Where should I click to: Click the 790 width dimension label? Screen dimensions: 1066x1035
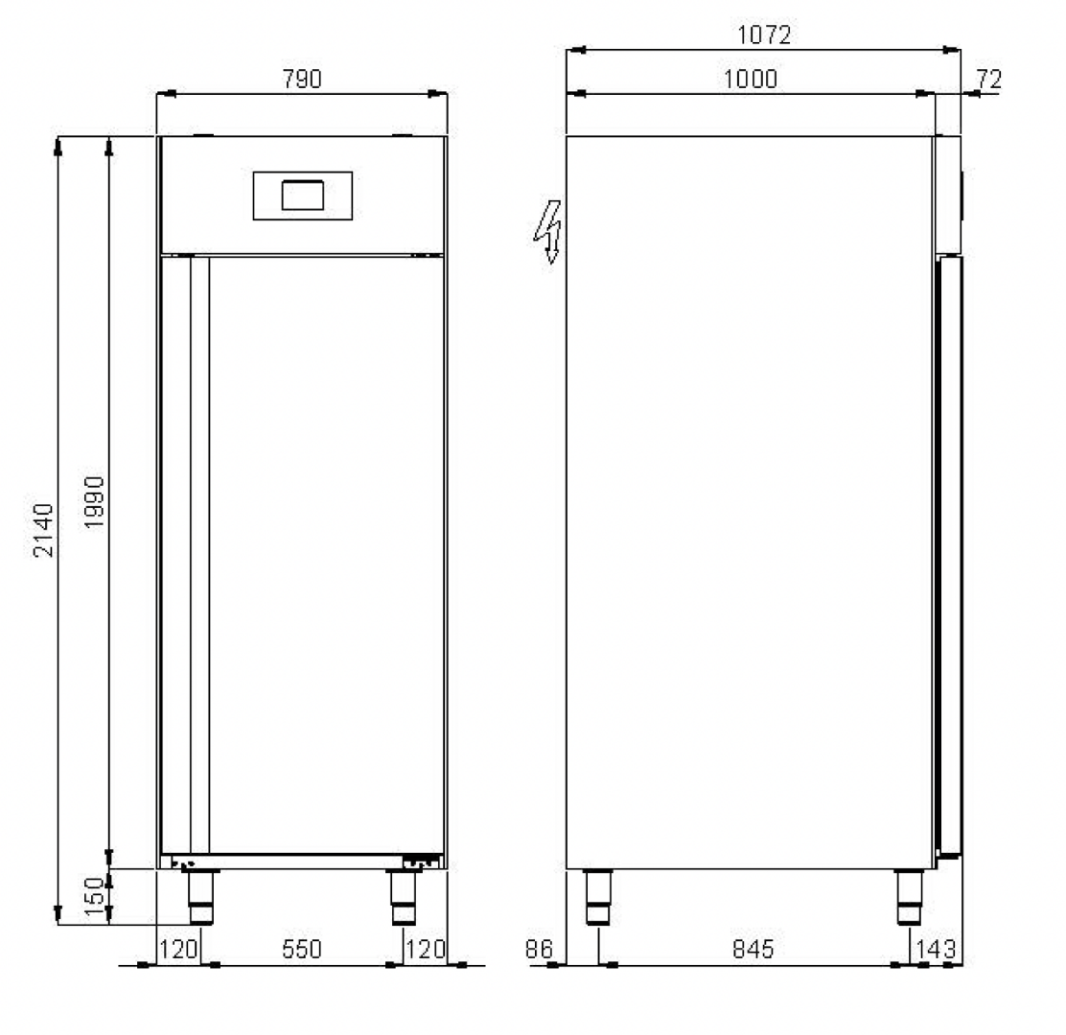point(302,80)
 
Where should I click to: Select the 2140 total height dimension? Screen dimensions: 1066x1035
point(43,530)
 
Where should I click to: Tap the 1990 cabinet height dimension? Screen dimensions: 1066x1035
point(95,502)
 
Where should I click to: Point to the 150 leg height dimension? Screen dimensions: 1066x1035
point(95,896)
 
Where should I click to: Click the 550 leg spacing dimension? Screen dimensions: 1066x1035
point(302,949)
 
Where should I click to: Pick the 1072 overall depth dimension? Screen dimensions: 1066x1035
point(764,34)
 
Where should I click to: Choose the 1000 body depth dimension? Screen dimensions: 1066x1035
point(750,80)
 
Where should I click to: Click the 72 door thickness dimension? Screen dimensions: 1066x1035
point(989,80)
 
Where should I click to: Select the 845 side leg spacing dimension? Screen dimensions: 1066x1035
point(753,949)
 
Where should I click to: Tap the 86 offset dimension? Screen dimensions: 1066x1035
point(539,949)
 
